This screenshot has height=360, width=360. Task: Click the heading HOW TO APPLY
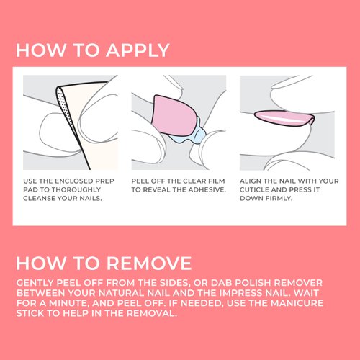click(x=92, y=51)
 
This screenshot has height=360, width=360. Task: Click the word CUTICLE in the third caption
click(x=261, y=189)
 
